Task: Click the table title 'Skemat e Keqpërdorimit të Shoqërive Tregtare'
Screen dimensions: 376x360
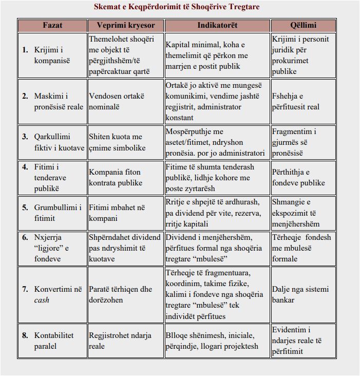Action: point(177,7)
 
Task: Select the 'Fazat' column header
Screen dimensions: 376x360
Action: point(52,25)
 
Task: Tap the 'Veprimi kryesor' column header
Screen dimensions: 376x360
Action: point(125,25)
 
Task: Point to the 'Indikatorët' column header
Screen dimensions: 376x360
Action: point(217,25)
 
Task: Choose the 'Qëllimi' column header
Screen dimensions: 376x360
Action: point(303,25)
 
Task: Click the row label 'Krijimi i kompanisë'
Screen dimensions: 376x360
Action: point(52,55)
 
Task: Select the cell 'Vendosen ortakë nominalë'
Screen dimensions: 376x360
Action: point(117,102)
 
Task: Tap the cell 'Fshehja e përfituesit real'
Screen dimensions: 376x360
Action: point(295,102)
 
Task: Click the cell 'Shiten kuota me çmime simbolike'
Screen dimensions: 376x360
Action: point(117,142)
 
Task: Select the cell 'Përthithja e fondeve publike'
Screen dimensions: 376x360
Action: point(298,177)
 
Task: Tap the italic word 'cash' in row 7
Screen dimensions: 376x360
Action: point(42,300)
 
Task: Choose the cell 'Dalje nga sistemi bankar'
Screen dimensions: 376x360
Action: point(300,294)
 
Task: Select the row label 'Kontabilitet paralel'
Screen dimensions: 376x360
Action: point(54,341)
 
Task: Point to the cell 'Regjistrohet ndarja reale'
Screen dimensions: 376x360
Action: point(120,341)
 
